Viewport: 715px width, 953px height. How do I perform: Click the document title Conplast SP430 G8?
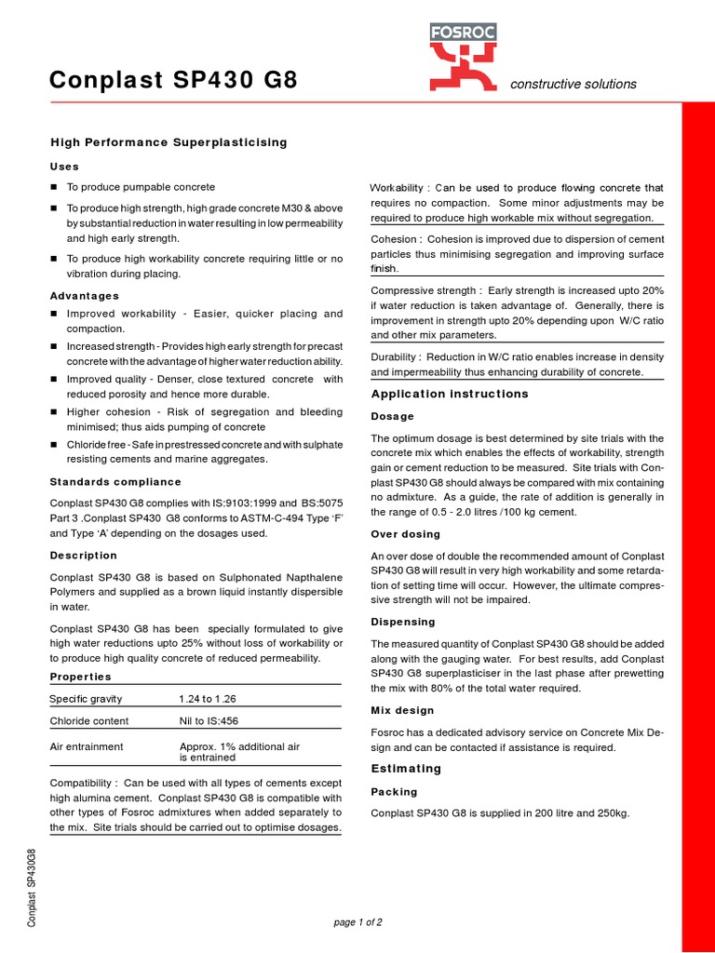(173, 81)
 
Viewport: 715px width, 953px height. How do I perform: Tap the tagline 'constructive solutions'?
(573, 84)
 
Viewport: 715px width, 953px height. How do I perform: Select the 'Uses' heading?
(64, 167)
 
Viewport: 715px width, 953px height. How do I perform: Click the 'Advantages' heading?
(84, 296)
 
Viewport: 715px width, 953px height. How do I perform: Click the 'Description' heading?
(83, 556)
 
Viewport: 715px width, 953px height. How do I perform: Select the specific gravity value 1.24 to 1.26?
(214, 699)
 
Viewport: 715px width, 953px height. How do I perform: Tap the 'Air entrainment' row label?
(86, 746)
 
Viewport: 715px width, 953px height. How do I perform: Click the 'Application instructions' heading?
(450, 394)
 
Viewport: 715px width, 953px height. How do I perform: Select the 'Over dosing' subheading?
(406, 535)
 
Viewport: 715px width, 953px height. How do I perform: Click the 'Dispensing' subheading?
(403, 622)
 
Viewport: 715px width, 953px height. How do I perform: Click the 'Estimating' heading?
(406, 769)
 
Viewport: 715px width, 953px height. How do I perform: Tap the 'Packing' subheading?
(394, 792)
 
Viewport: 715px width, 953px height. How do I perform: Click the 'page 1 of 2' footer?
(357, 922)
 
